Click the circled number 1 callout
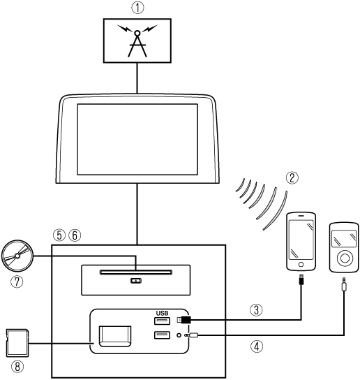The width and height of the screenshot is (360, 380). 137,8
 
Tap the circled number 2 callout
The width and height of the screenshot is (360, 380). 292,177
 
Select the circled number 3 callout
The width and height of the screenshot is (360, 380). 256,309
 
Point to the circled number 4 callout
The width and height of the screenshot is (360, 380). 257,346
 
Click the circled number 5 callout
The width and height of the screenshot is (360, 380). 59,235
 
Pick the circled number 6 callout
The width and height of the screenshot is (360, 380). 75,235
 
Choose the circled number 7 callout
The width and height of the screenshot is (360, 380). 17,282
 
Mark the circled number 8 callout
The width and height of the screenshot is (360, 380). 17,366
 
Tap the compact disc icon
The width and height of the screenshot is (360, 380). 17,256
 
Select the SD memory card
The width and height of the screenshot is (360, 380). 17,343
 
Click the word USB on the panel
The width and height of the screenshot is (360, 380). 162,313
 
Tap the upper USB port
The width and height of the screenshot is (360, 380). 162,321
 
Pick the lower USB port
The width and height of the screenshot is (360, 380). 162,335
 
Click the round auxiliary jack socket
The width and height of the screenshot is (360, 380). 179,335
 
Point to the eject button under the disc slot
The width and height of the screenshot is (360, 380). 136,281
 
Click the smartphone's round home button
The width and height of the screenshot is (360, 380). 301,265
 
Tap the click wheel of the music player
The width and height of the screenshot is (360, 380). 344,258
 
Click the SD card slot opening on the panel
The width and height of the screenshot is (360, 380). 115,336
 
